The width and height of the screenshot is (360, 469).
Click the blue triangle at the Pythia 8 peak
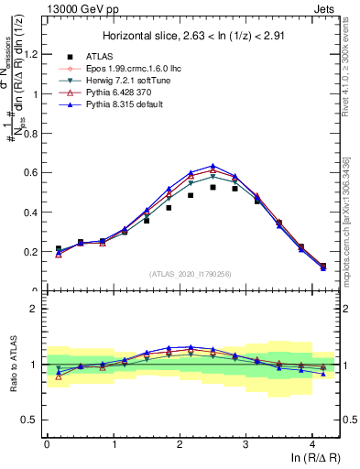coord(213,166)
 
